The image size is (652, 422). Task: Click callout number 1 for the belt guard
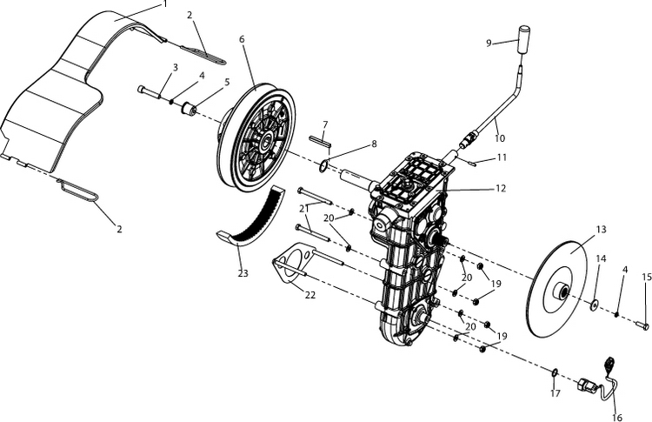point(164,5)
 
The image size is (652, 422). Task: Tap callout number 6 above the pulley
point(241,40)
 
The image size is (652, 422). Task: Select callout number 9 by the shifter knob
point(489,42)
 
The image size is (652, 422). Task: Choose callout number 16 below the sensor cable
point(618,418)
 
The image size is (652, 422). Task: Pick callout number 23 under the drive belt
point(243,273)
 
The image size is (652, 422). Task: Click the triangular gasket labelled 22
point(294,265)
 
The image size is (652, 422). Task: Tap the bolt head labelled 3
point(141,89)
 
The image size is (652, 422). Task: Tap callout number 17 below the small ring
point(556,392)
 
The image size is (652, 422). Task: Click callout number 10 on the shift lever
point(499,137)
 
